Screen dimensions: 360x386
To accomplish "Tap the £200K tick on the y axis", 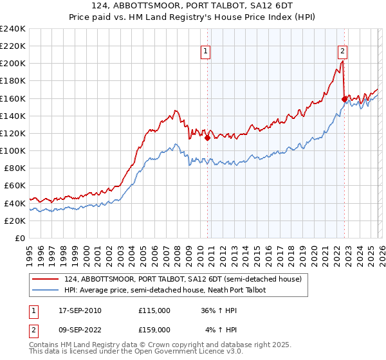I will tap(12, 64).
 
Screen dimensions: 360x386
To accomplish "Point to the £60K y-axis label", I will tap(14, 185).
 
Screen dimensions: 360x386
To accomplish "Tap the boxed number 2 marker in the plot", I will tap(342, 51).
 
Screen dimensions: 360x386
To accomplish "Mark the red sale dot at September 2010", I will tap(207, 138).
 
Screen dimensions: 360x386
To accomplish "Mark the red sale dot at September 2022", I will tap(344, 99).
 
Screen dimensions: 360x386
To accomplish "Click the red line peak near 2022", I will tap(342, 62).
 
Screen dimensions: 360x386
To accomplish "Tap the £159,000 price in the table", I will tap(154, 330).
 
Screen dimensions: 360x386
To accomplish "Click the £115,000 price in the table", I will tap(154, 310).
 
